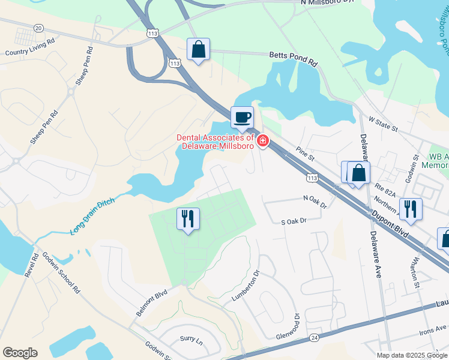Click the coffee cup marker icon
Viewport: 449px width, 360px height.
click(242, 117)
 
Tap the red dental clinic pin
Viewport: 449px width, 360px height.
click(262, 142)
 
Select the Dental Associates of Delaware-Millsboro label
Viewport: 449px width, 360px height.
click(215, 143)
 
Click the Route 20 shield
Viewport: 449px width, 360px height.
click(39, 28)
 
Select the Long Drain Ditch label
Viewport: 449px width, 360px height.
click(93, 213)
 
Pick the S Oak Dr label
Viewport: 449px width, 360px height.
click(294, 221)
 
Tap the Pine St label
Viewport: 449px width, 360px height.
click(306, 154)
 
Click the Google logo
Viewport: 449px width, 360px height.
click(20, 353)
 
